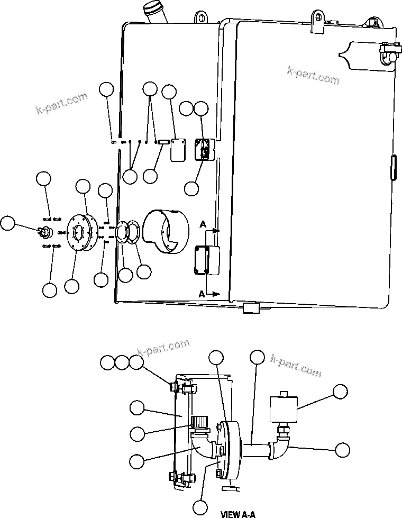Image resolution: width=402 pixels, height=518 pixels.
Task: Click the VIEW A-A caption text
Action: click(x=238, y=514)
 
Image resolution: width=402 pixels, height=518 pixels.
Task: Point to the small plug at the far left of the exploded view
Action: click(x=43, y=231)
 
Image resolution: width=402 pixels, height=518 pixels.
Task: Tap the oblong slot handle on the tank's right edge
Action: click(x=392, y=169)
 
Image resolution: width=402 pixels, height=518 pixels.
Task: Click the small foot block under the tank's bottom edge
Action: click(x=249, y=308)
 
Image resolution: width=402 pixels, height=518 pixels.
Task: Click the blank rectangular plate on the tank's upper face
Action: click(x=177, y=150)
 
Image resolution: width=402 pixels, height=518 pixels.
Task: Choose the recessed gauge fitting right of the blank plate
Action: click(x=203, y=148)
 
